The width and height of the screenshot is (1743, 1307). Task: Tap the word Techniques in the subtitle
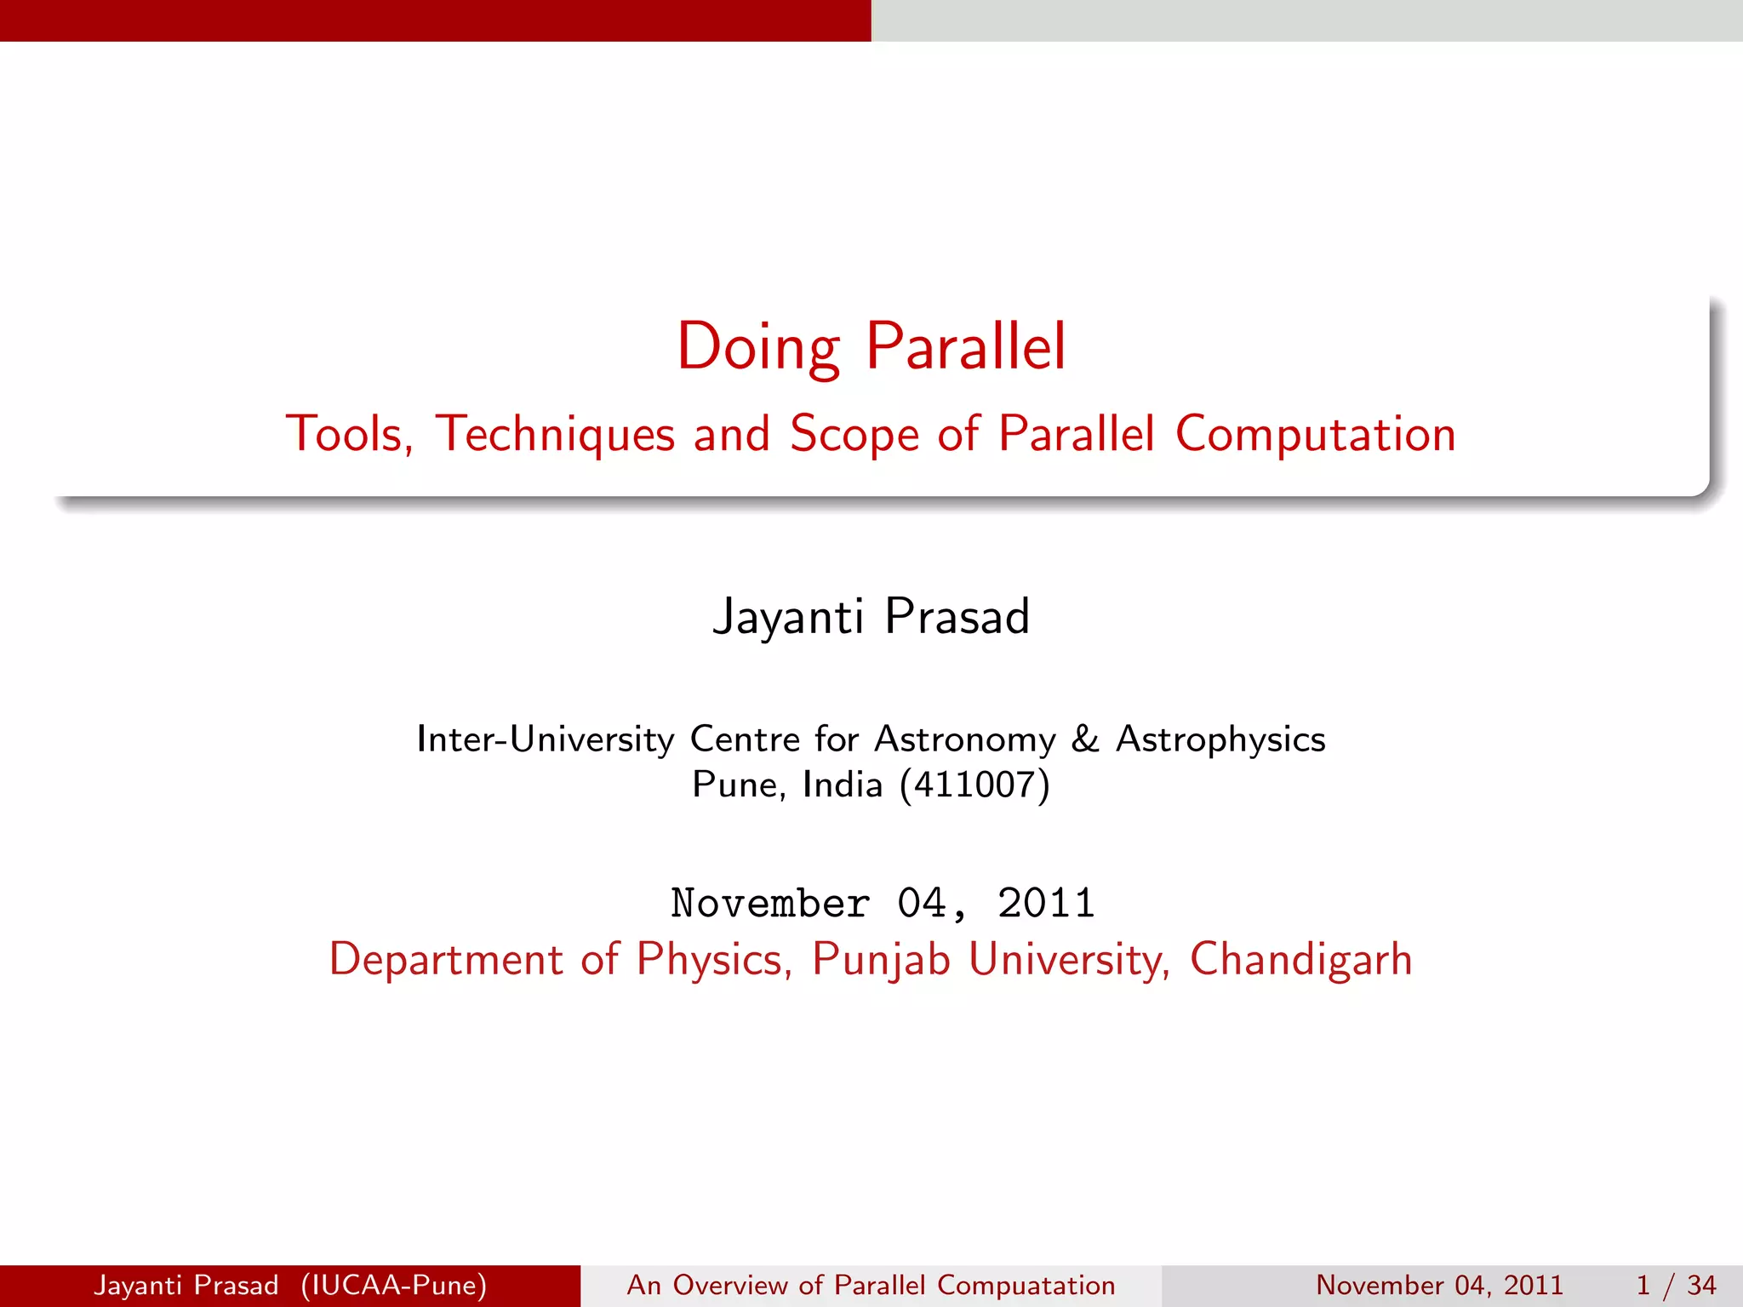(555, 434)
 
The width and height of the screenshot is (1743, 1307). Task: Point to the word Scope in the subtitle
(854, 434)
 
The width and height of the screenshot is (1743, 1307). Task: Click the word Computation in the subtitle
(1315, 434)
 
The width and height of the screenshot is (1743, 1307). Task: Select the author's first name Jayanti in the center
(787, 617)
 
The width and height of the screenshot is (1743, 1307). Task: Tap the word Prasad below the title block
(957, 617)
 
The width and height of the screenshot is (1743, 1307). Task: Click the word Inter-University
(545, 739)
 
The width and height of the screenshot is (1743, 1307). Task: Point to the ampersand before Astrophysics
(1085, 739)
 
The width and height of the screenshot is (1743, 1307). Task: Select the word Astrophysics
(1220, 739)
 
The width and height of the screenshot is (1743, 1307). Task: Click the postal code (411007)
(974, 785)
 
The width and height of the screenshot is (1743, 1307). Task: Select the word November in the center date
(770, 904)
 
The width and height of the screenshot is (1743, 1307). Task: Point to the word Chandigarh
(1300, 960)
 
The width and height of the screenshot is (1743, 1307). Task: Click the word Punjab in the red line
(880, 960)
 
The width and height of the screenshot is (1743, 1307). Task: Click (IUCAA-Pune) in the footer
(393, 1285)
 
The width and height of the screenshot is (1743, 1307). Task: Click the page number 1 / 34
(1675, 1285)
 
